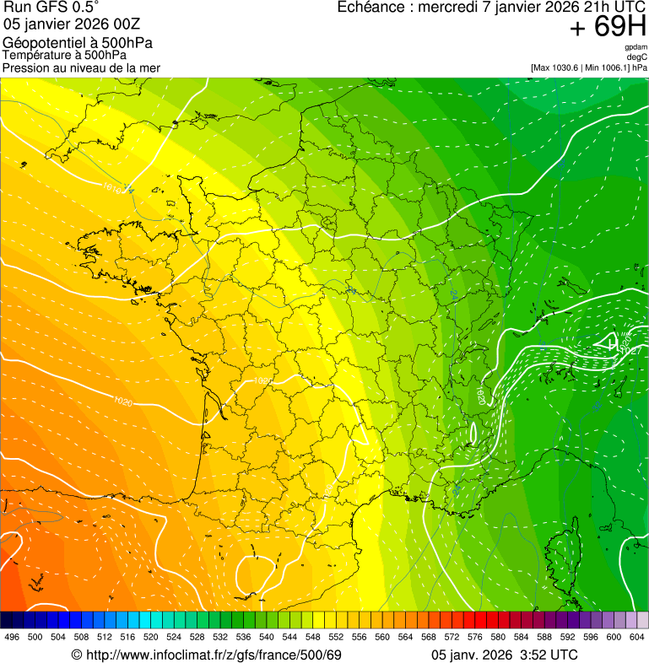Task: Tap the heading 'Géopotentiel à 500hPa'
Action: click(x=78, y=43)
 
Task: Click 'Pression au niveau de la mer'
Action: click(x=81, y=67)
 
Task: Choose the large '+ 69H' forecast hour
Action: click(x=607, y=28)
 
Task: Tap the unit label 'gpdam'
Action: click(x=635, y=47)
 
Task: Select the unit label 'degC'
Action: click(x=637, y=57)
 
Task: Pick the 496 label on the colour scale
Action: click(x=12, y=637)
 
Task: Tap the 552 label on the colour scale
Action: click(x=336, y=637)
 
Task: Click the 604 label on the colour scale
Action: click(x=637, y=637)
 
